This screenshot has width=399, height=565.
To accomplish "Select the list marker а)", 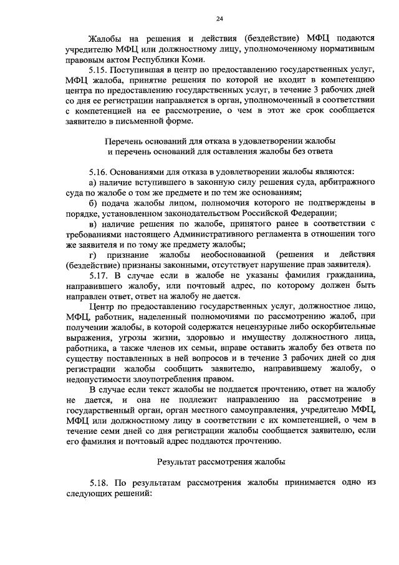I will click(94, 181).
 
